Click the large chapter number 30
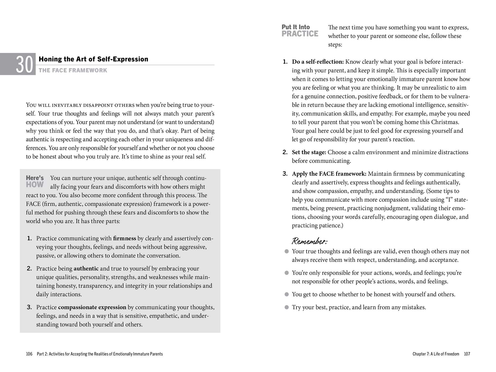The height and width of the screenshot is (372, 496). (x=25, y=65)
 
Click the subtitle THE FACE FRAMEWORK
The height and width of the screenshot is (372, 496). (x=73, y=70)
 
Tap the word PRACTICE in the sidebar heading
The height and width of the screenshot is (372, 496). (x=300, y=34)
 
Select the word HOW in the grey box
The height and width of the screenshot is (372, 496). (x=35, y=185)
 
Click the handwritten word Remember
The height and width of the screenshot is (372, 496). (x=309, y=241)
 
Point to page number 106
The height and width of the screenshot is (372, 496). (x=29, y=354)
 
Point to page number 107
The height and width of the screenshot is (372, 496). (x=467, y=354)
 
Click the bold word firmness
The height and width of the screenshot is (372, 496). (x=124, y=238)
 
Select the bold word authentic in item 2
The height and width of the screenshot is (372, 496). (x=86, y=269)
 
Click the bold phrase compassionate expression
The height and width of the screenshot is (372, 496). (x=92, y=307)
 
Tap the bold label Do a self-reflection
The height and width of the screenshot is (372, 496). (x=318, y=62)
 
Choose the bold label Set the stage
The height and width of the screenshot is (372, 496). (x=309, y=152)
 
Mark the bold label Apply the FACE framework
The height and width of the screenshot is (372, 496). (x=329, y=174)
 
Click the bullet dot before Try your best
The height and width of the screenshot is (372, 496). (x=287, y=307)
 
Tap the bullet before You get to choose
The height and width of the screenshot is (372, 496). (x=287, y=294)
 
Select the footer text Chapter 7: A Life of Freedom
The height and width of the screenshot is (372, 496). (x=436, y=354)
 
